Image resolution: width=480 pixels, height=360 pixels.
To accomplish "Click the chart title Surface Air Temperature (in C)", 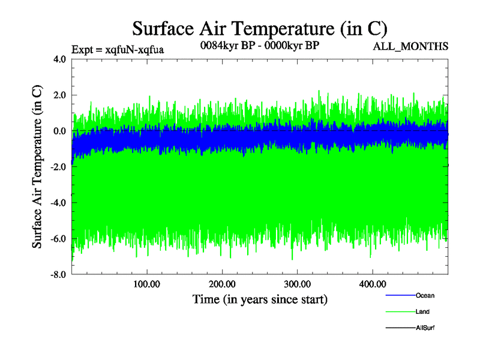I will tap(260, 28).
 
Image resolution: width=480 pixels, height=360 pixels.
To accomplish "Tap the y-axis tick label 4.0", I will tap(59, 59).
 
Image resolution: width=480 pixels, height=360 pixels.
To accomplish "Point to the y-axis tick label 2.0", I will tap(59, 95).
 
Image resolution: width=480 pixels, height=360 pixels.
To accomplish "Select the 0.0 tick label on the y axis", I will tap(59, 131).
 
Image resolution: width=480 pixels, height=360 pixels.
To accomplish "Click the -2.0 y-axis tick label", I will tap(58, 167).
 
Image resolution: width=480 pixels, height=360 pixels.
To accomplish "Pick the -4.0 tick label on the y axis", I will tap(58, 203).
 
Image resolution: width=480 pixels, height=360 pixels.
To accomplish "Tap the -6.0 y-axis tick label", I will tap(58, 239).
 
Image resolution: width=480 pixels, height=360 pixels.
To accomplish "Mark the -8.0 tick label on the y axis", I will tap(58, 275).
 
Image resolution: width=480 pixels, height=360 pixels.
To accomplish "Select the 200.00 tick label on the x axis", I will tap(222, 284).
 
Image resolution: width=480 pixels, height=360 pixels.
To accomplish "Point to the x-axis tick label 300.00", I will tap(297, 284).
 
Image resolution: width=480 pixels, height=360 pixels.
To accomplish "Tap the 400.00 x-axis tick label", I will tap(372, 284).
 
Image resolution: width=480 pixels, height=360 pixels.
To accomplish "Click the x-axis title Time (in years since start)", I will tap(260, 299).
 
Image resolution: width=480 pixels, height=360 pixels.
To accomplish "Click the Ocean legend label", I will tap(425, 296).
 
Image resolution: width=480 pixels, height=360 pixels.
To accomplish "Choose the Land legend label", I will tap(422, 312).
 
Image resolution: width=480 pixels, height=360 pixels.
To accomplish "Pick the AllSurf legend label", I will tap(425, 328).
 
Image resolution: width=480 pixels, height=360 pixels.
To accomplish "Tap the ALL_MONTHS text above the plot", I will tap(410, 47).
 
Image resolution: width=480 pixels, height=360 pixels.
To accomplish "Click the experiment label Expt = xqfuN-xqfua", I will tap(118, 49).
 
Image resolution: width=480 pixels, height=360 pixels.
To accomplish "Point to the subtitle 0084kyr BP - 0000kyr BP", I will tap(259, 46).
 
